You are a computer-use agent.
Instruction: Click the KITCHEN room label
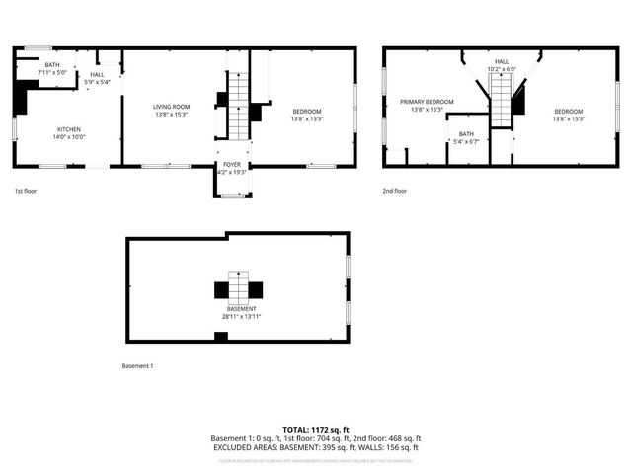pos(69,129)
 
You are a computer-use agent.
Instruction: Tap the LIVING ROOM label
pos(172,106)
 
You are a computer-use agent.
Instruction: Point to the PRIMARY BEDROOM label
pos(427,102)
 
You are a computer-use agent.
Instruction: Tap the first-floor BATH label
pos(51,65)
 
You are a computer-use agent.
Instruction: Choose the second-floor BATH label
pos(466,134)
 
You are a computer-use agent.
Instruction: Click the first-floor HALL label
pos(97,74)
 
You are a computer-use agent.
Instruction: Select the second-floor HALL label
pos(502,61)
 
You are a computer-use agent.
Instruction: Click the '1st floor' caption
pos(26,190)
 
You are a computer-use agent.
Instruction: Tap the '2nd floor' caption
pos(393,190)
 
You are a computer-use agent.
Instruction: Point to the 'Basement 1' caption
pos(137,366)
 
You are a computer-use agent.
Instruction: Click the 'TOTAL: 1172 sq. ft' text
pos(315,430)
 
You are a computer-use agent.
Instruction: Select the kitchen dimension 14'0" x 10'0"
pos(69,137)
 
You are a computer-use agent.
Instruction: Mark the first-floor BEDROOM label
pos(307,111)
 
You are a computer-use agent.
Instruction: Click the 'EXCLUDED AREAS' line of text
pos(315,447)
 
